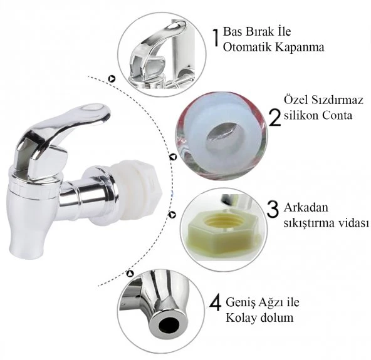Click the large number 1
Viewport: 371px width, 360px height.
point(216,38)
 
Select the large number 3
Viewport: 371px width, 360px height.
point(273,209)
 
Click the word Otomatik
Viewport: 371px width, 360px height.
point(247,47)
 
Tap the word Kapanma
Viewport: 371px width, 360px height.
point(299,48)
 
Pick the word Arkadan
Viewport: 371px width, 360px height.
point(306,207)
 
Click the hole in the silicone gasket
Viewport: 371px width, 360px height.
point(222,134)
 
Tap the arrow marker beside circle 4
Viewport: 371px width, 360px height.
point(130,274)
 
